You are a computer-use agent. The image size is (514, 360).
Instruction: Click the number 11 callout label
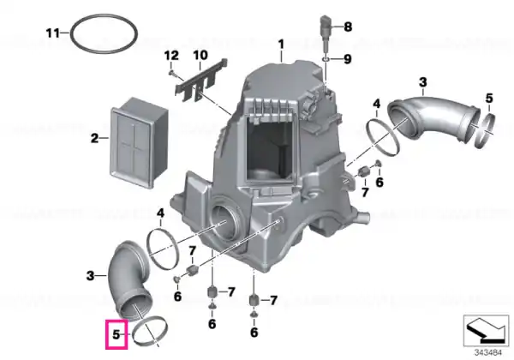[52, 33]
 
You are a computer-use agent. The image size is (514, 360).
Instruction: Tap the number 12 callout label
[171, 56]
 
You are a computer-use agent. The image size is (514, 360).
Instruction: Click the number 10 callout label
[200, 55]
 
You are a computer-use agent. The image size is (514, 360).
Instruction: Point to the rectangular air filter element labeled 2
[138, 142]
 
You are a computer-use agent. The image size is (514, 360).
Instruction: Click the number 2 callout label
[94, 138]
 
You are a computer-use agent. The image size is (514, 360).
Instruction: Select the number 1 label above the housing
[281, 45]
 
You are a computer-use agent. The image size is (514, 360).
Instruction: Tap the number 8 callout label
[348, 27]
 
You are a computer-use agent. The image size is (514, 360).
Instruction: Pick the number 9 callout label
[348, 59]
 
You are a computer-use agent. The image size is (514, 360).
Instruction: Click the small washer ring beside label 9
[326, 59]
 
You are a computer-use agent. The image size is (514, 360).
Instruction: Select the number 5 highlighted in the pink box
[117, 335]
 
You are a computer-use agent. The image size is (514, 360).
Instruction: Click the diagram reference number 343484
[488, 353]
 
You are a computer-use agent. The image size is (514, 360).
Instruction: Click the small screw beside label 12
[172, 74]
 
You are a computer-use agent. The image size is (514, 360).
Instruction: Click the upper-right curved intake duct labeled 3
[433, 118]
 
